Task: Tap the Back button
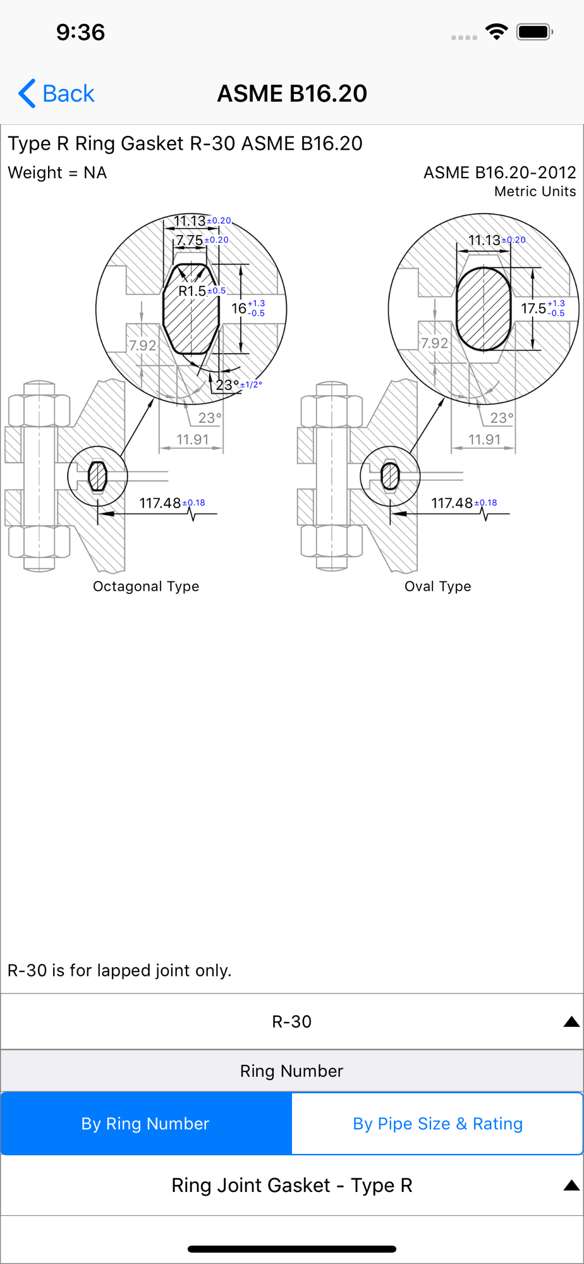(x=56, y=94)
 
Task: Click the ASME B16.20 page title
(x=292, y=94)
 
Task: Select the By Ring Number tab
(x=146, y=1123)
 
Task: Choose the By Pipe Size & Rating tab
(x=437, y=1123)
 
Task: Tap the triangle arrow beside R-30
(x=571, y=1021)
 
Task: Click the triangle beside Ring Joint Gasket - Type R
(x=571, y=1185)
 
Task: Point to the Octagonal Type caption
(x=146, y=586)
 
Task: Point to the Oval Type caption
(x=438, y=586)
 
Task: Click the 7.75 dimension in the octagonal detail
(x=190, y=240)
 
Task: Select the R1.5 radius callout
(x=192, y=291)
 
